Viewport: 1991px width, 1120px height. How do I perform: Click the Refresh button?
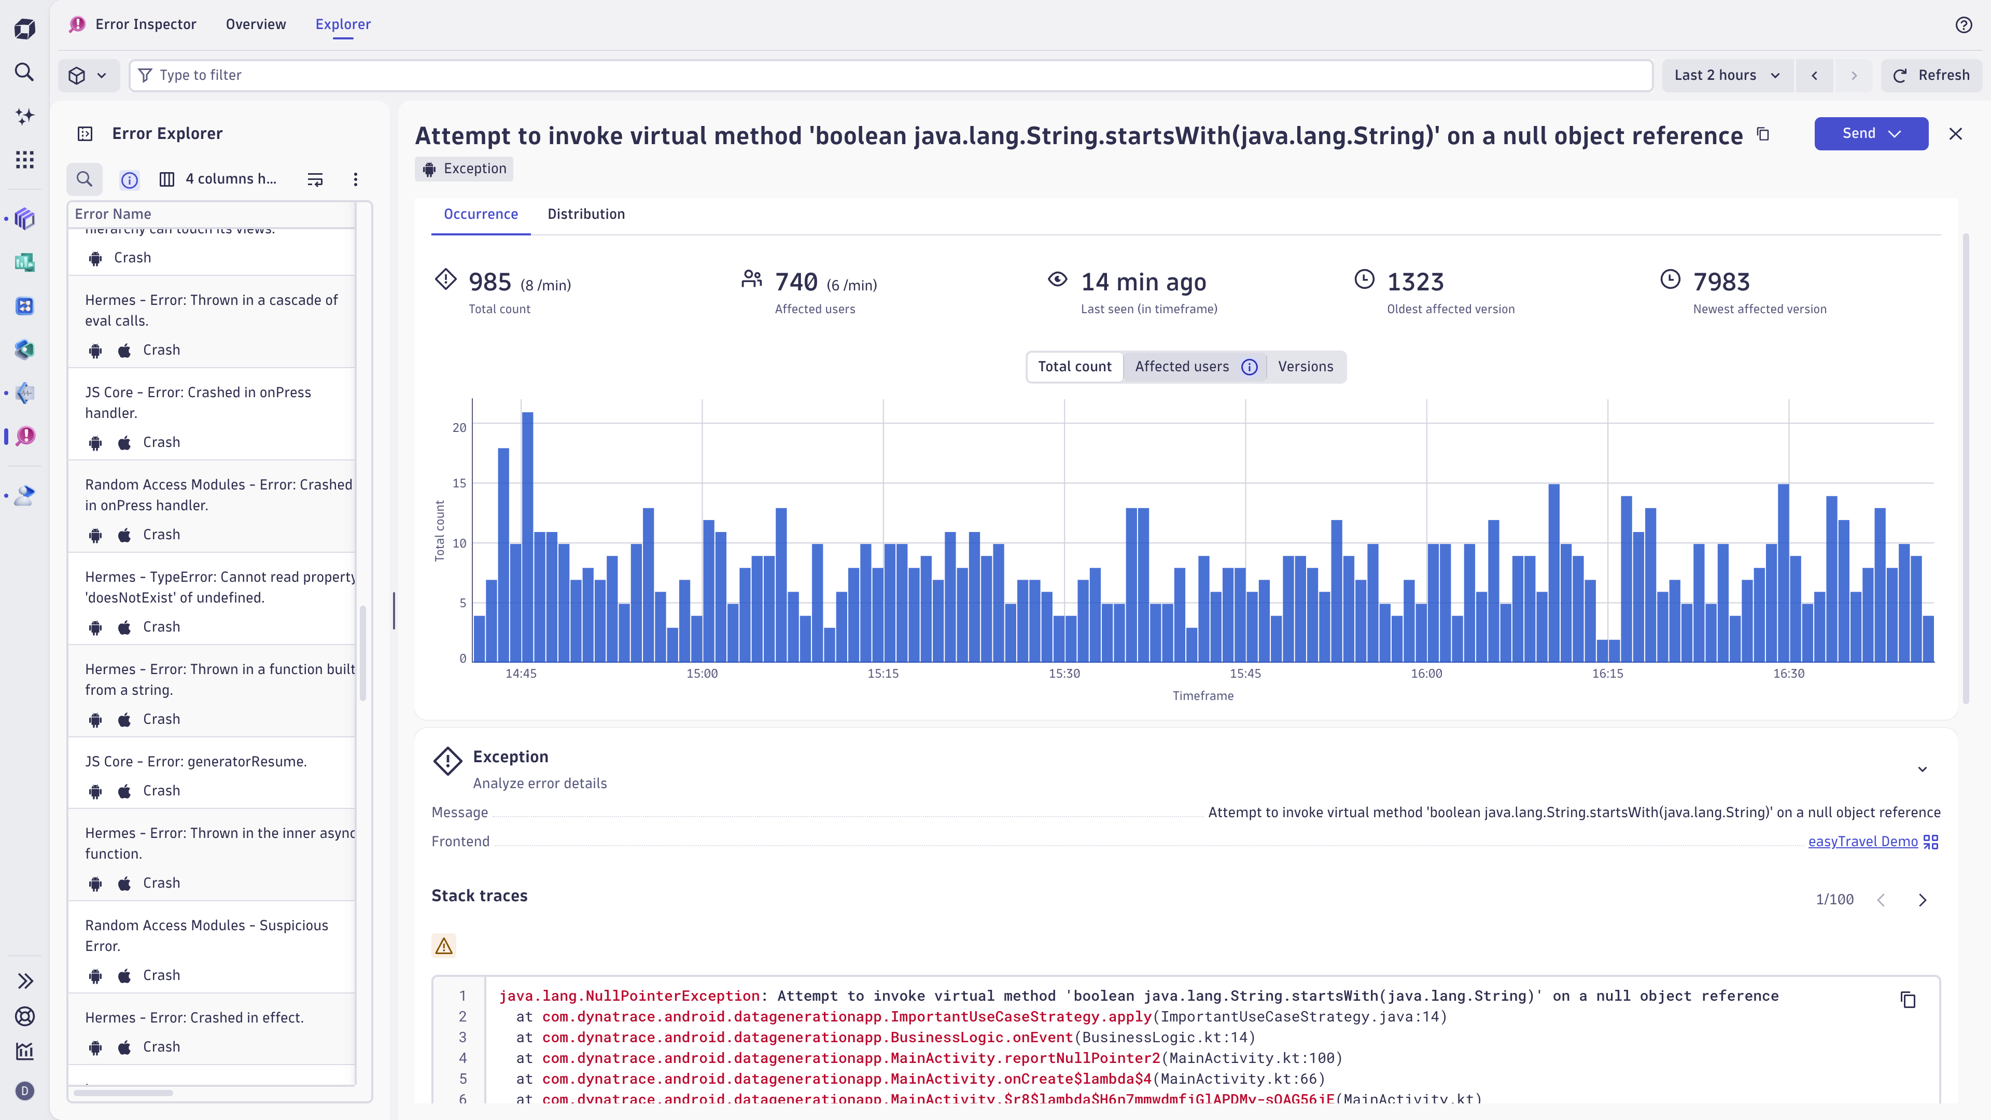coord(1931,75)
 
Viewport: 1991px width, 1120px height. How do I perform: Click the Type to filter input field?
coord(889,75)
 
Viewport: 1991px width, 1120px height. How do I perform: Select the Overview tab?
coord(256,24)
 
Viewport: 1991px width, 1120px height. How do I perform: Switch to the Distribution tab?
coord(586,214)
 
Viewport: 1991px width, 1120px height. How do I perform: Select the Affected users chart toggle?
coord(1182,367)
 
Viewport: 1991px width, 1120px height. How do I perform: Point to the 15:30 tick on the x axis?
coord(1064,673)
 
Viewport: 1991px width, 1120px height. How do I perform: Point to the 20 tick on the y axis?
coord(459,427)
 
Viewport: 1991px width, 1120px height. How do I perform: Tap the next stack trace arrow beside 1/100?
coord(1922,900)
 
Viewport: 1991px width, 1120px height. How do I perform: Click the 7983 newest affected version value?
coord(1721,282)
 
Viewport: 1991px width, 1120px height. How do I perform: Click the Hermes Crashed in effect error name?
coord(194,1017)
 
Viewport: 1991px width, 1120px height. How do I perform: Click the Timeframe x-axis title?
coord(1203,696)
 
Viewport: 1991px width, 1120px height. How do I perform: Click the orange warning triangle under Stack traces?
coord(444,946)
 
